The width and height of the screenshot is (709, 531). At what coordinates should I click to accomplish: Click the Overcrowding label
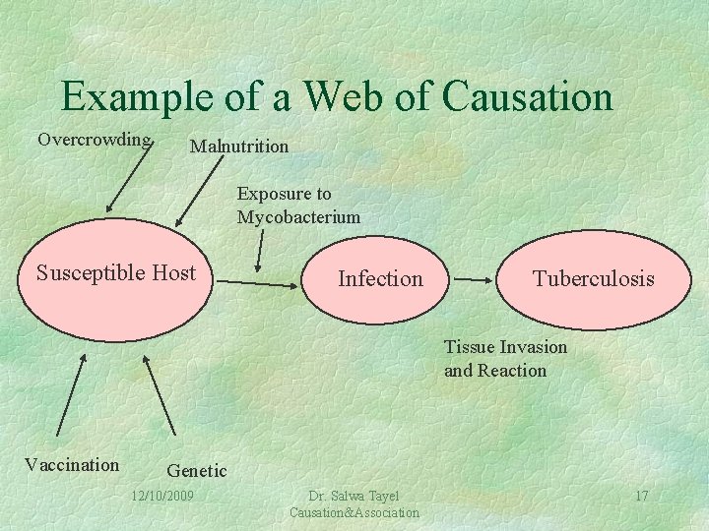pyautogui.click(x=95, y=139)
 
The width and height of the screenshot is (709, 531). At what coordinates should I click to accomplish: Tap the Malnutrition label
pyautogui.click(x=239, y=147)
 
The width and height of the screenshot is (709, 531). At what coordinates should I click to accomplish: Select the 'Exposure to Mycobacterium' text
pyautogui.click(x=298, y=206)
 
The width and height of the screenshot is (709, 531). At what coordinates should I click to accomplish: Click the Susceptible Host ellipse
pyautogui.click(x=116, y=279)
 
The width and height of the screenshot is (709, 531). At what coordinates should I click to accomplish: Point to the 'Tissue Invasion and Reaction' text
pyautogui.click(x=506, y=359)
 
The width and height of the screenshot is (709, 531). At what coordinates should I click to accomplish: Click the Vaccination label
pyautogui.click(x=72, y=465)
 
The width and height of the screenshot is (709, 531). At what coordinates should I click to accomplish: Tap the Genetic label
pyautogui.click(x=197, y=471)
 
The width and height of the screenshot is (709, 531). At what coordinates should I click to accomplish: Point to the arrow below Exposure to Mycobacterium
pyautogui.click(x=259, y=251)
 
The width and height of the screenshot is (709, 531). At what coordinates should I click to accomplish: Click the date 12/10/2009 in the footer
pyautogui.click(x=162, y=495)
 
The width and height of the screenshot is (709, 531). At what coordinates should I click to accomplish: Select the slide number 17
pyautogui.click(x=641, y=496)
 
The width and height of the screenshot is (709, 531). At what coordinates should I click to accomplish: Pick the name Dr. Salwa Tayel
pyautogui.click(x=354, y=496)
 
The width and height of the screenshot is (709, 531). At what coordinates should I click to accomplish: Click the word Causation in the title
pyautogui.click(x=528, y=96)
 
